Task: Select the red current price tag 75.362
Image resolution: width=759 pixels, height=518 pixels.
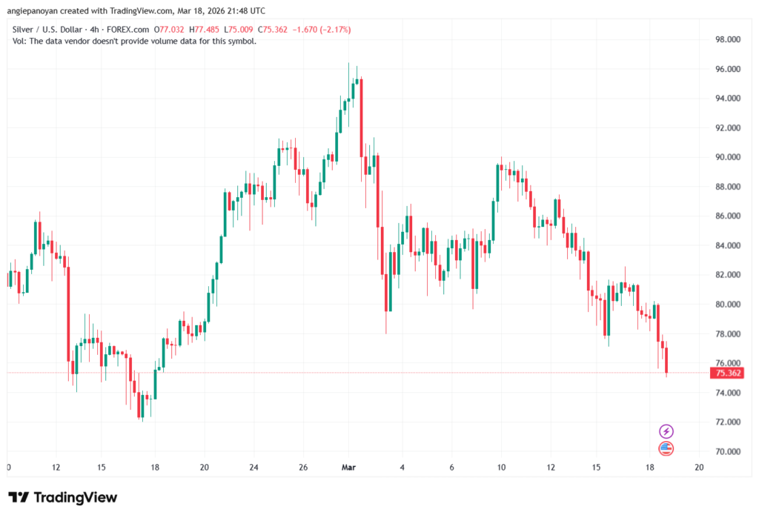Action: (726, 373)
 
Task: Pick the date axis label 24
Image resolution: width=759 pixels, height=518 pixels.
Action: (253, 468)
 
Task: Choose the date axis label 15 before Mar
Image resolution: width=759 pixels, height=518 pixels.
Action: (102, 468)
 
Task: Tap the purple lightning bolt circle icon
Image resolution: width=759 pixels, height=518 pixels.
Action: (666, 431)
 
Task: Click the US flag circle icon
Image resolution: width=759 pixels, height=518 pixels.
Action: (666, 448)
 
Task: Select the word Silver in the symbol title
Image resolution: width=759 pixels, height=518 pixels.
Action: (24, 30)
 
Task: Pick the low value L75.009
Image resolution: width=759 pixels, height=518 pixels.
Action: (240, 30)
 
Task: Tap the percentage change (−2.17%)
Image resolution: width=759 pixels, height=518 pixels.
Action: (334, 30)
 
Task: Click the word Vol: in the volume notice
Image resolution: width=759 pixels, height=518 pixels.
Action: (21, 41)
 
